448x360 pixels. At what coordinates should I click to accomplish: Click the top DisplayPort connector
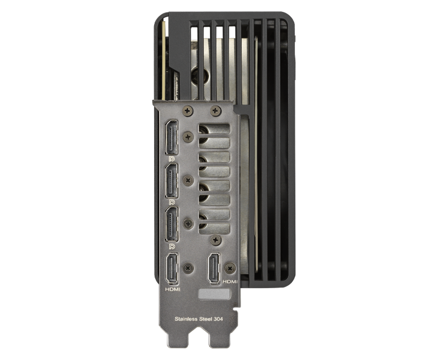click(172, 137)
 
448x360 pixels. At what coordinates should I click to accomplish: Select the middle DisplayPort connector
click(172, 181)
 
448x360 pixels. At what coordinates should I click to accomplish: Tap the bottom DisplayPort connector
click(172, 225)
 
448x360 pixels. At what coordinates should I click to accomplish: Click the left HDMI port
click(172, 269)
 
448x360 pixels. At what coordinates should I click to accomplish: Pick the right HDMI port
click(214, 269)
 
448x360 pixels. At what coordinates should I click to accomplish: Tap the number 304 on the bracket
click(218, 319)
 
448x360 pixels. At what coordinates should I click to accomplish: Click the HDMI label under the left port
click(173, 289)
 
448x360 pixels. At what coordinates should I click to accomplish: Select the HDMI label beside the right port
click(230, 282)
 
